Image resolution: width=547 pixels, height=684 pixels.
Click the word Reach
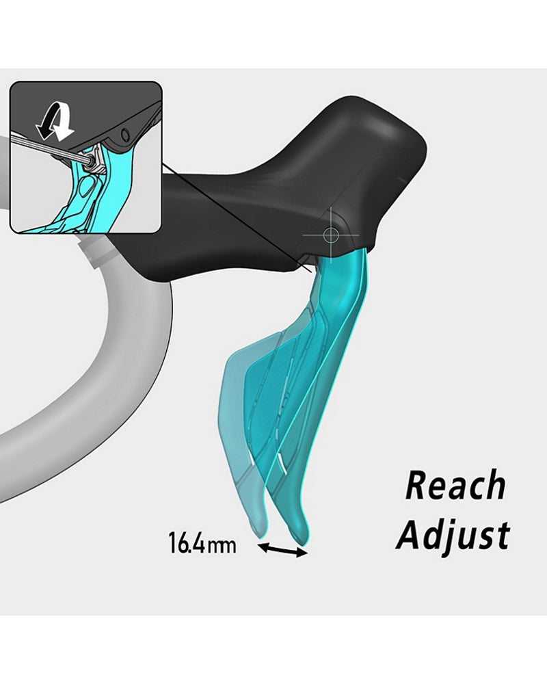click(x=455, y=486)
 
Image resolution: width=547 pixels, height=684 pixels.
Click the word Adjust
click(x=453, y=535)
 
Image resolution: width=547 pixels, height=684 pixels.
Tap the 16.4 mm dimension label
click(x=202, y=544)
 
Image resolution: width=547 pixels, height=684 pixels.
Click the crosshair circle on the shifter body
click(x=331, y=235)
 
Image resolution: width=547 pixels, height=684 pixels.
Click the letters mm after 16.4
click(x=226, y=545)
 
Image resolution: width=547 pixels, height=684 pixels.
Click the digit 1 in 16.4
click(x=173, y=544)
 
